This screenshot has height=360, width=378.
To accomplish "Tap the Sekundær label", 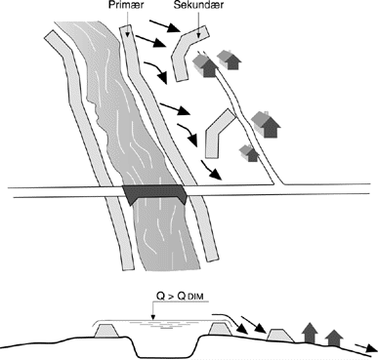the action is click(198, 5).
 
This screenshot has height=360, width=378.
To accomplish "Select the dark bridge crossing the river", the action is click(154, 194).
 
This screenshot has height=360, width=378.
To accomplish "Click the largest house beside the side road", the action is click(267, 124).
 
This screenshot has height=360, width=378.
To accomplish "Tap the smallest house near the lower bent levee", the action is click(249, 153).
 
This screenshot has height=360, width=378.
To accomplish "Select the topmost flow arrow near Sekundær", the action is click(164, 26).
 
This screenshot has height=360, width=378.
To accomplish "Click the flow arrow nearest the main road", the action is click(211, 170).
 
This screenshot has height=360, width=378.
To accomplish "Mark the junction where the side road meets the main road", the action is click(278, 184).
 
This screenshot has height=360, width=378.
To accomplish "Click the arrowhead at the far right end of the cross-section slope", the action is click(371, 348).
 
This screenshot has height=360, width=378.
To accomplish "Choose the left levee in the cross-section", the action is click(106, 331).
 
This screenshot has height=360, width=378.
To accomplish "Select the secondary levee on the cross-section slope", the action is click(280, 336).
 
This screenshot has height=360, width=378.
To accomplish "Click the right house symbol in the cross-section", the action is click(333, 338).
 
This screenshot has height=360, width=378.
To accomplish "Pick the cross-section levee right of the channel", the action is click(220, 330).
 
